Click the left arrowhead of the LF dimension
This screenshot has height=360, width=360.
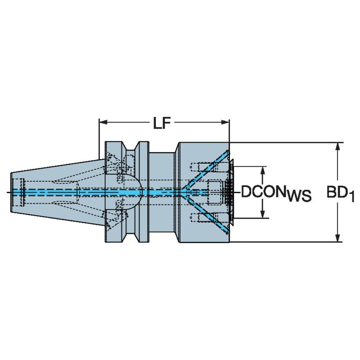[x=102, y=123]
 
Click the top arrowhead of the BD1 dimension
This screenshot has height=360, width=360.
[x=337, y=146]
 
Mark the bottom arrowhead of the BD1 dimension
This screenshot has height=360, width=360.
[x=337, y=239]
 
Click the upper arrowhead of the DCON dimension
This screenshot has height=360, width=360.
[x=263, y=169]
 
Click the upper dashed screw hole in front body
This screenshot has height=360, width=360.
[x=200, y=166]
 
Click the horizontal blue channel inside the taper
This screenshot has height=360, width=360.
[x=51, y=192]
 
